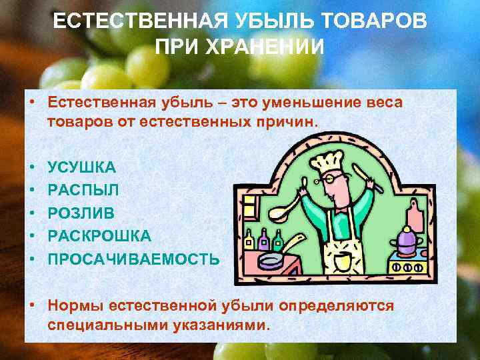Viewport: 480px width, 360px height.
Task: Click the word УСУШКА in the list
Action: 81,167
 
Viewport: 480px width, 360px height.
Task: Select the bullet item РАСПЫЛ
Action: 83,190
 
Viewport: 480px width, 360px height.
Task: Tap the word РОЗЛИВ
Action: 81,213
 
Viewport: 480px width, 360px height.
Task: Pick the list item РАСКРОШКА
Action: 99,236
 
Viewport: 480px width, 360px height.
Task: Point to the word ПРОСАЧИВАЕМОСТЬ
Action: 133,259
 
